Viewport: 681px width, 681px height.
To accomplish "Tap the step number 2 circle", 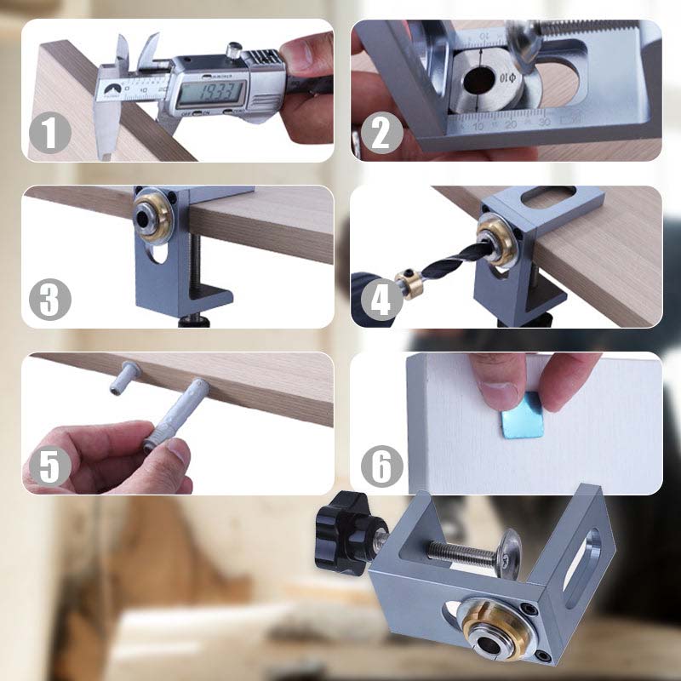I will click(381, 134).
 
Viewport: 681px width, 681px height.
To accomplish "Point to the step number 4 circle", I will click(381, 300).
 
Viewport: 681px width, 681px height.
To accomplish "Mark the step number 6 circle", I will click(381, 466).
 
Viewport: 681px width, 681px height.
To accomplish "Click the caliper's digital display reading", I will click(212, 88).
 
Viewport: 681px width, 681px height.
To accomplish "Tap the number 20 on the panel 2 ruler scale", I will click(511, 124).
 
